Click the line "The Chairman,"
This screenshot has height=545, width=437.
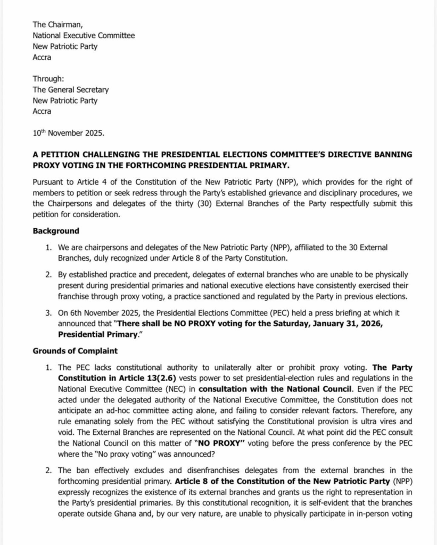[55, 24]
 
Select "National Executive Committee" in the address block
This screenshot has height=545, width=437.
[84, 36]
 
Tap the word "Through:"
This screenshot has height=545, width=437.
[48, 79]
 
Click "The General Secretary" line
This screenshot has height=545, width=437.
[70, 90]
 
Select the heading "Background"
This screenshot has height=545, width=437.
[56, 231]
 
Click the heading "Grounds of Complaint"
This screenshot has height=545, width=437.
[75, 351]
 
